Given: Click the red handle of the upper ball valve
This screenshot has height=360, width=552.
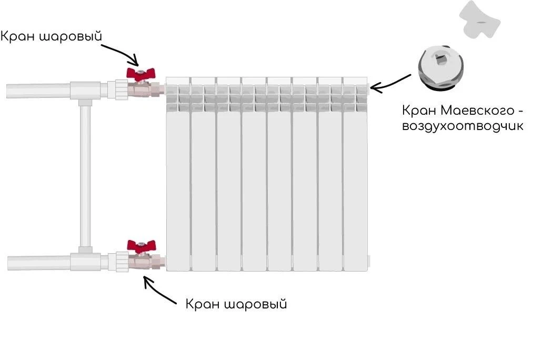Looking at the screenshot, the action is pyautogui.click(x=141, y=73).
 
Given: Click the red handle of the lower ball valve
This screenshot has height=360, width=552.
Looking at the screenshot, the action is pyautogui.click(x=141, y=246).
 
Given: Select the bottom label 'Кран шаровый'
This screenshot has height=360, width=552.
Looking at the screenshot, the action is pyautogui.click(x=236, y=304).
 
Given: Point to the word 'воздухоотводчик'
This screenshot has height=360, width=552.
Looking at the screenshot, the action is pyautogui.click(x=463, y=126).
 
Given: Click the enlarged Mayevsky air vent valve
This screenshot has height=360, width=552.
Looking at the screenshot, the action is pyautogui.click(x=441, y=69).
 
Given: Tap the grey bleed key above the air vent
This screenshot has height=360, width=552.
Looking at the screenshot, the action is pyautogui.click(x=479, y=19).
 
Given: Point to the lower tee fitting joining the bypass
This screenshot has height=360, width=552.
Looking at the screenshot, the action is pyautogui.click(x=85, y=260).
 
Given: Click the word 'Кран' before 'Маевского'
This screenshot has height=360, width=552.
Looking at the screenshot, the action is pyautogui.click(x=419, y=111).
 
